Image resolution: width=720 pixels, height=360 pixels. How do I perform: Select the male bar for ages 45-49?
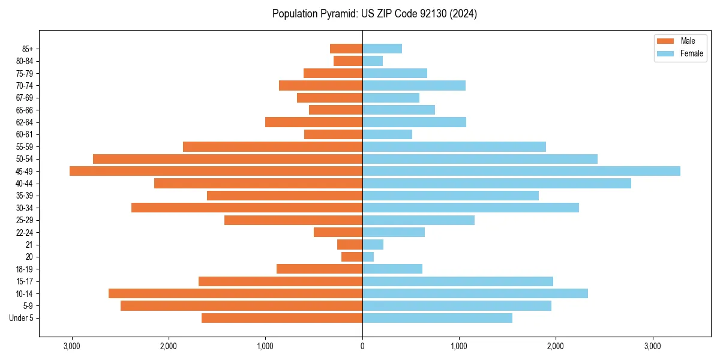coord(216,171)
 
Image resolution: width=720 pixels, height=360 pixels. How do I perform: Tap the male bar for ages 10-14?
coord(235,293)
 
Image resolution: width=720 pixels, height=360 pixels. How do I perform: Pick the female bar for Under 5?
coord(437,318)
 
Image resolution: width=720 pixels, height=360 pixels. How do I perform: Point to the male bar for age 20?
coord(352,257)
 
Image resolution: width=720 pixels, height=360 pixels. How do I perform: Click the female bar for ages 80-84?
coord(373,61)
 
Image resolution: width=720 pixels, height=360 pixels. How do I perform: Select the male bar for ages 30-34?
coord(247,208)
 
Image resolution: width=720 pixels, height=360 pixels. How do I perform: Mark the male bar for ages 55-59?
coord(272,146)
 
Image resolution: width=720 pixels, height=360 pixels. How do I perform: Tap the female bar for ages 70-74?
coord(414,85)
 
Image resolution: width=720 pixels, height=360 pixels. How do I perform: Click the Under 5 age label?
coord(22,318)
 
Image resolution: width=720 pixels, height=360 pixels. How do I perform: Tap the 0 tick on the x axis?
coord(362,346)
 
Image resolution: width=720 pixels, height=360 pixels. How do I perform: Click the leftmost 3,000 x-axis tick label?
coord(71,346)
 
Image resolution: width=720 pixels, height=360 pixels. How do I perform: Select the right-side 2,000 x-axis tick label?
coord(556,346)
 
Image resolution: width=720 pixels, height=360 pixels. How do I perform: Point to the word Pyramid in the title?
coord(337,14)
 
